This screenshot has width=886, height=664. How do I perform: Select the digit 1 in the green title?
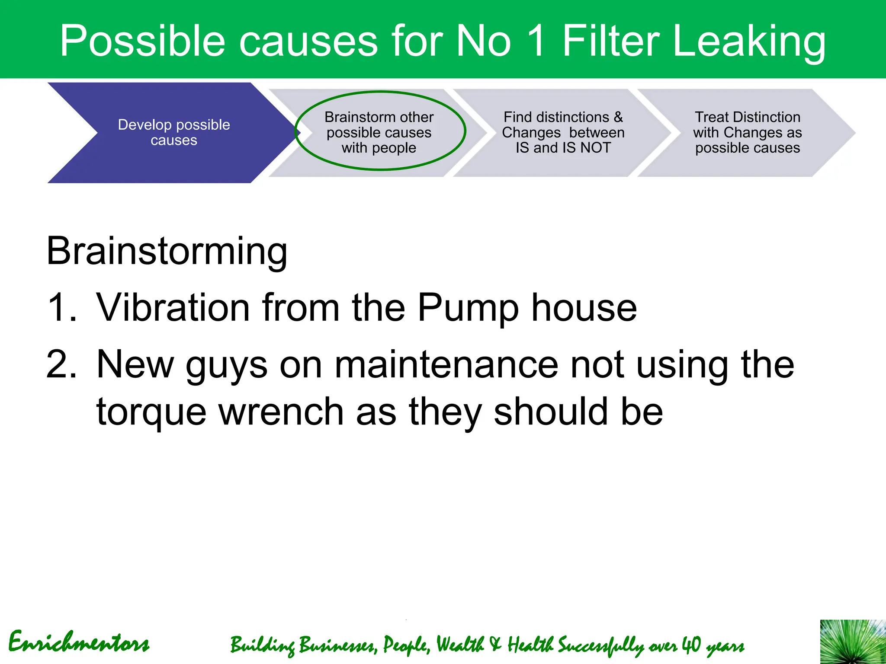point(536,41)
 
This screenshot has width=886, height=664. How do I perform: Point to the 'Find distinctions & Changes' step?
point(562,133)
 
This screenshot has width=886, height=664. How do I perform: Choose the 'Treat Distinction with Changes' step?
point(747,133)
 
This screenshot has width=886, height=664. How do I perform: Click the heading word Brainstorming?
point(167,251)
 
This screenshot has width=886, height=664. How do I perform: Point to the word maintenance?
point(446,364)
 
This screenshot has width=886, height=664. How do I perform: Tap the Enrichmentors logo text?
point(79,642)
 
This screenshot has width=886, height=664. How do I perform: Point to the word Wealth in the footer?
point(460,645)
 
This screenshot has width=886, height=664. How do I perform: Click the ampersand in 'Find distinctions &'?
point(618,117)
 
